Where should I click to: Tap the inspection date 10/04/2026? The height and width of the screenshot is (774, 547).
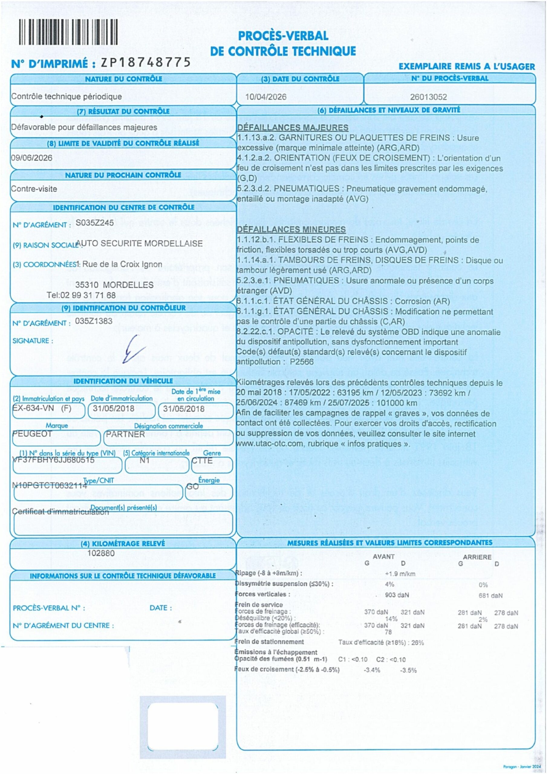266,97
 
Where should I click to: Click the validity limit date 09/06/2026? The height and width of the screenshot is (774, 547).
32,158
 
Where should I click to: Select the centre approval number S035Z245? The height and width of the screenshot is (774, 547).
95,223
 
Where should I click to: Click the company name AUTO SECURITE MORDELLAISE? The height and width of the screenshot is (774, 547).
140,243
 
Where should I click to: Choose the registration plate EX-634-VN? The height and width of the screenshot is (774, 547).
33,408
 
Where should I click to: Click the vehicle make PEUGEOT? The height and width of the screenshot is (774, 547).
32,434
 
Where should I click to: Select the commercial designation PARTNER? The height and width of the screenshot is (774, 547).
125,434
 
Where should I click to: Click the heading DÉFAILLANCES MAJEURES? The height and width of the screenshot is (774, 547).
293,127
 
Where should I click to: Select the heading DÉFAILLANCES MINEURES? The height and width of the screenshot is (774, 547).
291,229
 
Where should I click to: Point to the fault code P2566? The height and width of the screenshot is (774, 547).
302,362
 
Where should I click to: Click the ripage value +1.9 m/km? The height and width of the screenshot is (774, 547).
400,574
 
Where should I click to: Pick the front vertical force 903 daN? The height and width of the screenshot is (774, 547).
397,595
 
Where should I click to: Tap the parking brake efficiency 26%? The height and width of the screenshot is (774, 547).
417,642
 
